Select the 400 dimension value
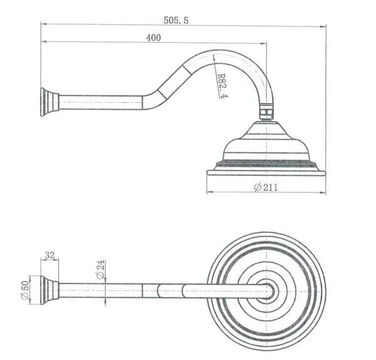(154, 38)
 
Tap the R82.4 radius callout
(221, 87)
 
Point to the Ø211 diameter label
(266, 187)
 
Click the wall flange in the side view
(48, 101)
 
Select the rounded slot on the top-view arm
(169, 290)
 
